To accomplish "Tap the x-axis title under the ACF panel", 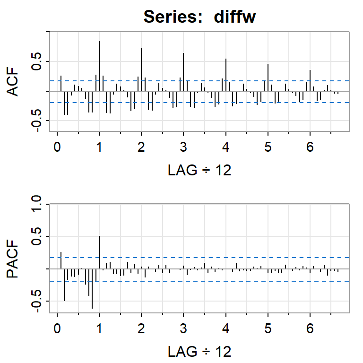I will click(199, 170).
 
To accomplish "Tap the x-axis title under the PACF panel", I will click(199, 352).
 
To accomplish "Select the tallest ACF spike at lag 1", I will click(99, 66).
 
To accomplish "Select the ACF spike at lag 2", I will click(141, 69).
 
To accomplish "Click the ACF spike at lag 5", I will click(268, 78).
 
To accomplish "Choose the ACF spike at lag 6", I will click(310, 80).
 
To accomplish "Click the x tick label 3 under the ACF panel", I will click(183, 147).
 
